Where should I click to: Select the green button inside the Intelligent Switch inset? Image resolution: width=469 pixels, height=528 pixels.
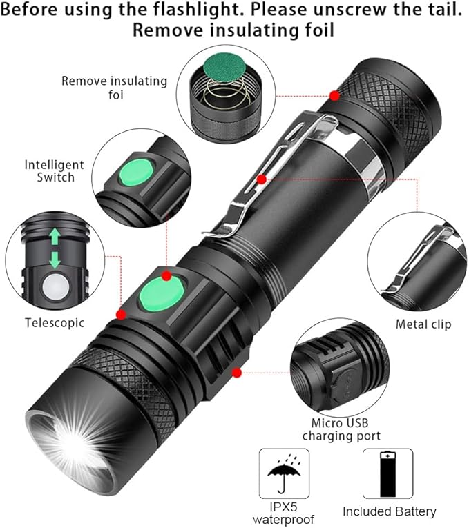(x=137, y=173)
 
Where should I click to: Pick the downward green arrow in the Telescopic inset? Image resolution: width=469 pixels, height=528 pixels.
(x=55, y=260)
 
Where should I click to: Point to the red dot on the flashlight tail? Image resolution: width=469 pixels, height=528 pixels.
(x=334, y=96)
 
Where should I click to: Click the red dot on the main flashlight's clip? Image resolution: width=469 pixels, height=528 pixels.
(x=262, y=179)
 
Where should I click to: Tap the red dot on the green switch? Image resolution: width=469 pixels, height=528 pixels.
(x=166, y=276)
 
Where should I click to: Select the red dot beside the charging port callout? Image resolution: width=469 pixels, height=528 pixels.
(x=237, y=373)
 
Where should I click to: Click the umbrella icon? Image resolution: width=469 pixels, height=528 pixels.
(x=284, y=473)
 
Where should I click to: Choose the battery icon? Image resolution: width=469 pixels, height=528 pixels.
(x=387, y=474)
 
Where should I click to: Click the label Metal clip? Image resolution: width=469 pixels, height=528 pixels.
(x=423, y=324)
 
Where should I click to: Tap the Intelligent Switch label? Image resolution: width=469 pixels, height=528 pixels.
(x=55, y=171)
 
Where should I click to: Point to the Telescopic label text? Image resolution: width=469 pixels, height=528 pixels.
(x=55, y=322)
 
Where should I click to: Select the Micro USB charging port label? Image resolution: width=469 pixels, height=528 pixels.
(x=341, y=429)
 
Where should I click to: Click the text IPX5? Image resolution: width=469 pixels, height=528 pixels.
(x=283, y=507)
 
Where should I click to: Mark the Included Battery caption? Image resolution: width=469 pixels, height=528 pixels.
(x=389, y=511)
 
